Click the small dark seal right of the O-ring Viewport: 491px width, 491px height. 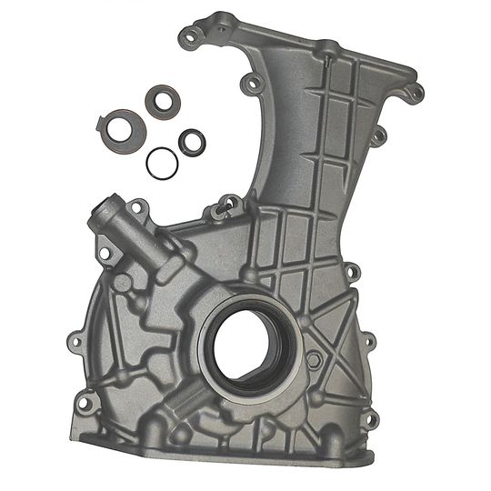191,141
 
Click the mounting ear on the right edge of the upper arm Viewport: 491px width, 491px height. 380,135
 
